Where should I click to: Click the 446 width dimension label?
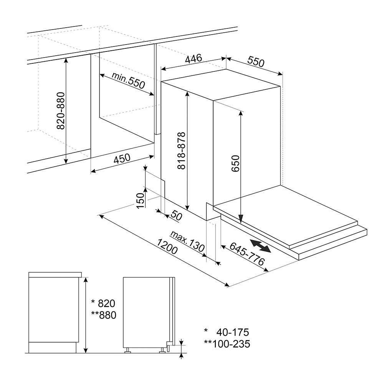point(194,59)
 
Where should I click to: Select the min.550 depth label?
point(128,80)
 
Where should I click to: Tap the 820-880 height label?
point(61,111)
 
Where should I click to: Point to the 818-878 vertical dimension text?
point(182,151)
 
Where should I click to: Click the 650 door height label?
point(235,163)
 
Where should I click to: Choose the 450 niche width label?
point(122,159)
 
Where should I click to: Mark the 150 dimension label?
point(140,200)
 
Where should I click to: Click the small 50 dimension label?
point(176,215)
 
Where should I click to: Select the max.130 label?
point(187,241)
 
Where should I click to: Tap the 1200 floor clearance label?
point(167,247)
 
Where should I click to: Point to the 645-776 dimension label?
point(247,254)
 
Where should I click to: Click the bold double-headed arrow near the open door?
point(260,246)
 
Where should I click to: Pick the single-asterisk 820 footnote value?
point(103,303)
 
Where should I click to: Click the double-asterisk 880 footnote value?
point(104,315)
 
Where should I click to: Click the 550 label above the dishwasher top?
point(256,61)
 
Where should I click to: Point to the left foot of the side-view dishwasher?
point(127,351)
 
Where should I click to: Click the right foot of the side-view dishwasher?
point(162,351)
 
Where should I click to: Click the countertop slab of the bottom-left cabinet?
point(55,275)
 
